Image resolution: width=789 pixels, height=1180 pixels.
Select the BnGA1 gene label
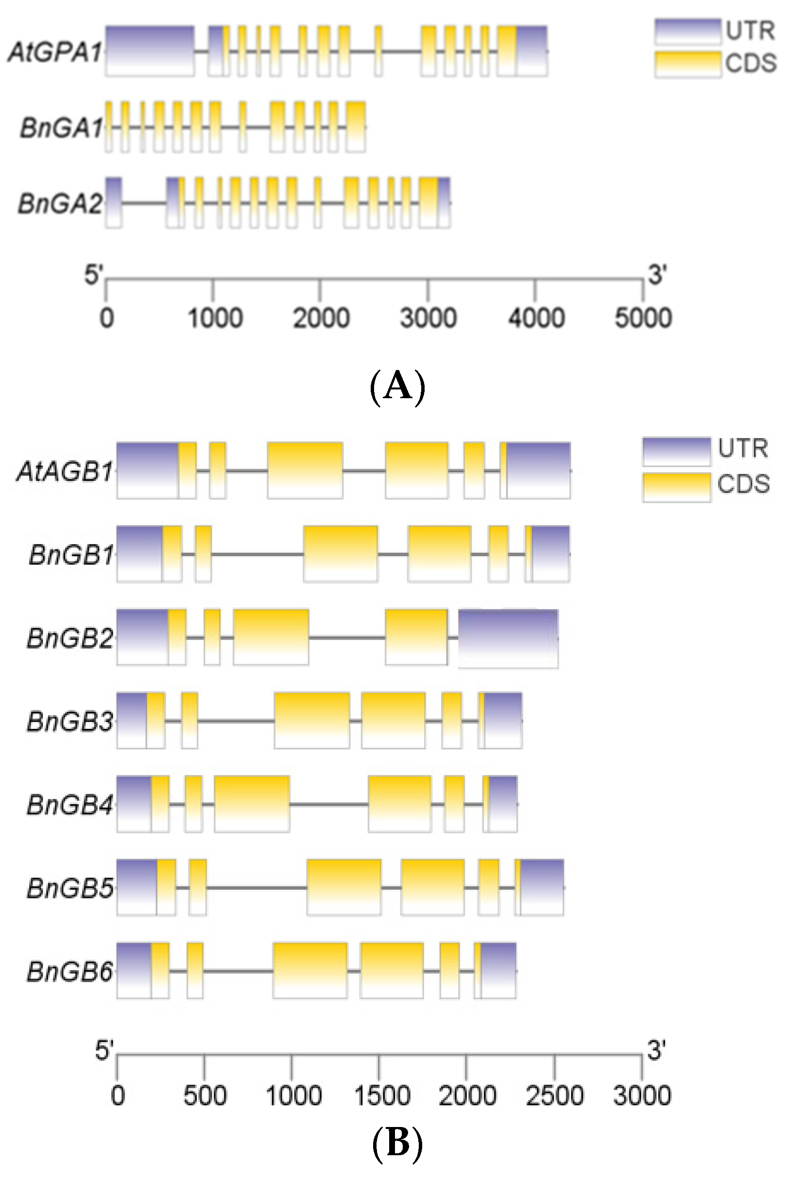pyautogui.click(x=61, y=127)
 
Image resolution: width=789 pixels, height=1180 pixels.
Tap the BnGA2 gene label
pyautogui.click(x=60, y=203)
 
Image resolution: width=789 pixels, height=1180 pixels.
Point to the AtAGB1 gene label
pyautogui.click(x=65, y=472)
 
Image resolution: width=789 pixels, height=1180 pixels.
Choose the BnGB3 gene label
pyautogui.click(x=70, y=721)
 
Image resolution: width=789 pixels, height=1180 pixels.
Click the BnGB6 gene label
pyautogui.click(x=70, y=971)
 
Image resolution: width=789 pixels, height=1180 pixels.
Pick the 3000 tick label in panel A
pyautogui.click(x=428, y=318)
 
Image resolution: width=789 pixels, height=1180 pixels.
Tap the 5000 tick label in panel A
pyautogui.click(x=643, y=318)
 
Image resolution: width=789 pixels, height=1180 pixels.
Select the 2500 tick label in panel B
pyautogui.click(x=554, y=1096)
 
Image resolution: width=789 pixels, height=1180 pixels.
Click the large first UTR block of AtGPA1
pyautogui.click(x=150, y=52)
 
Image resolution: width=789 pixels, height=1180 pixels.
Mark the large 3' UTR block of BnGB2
pyautogui.click(x=508, y=638)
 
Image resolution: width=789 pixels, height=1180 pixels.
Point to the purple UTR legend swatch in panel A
pyautogui.click(x=688, y=32)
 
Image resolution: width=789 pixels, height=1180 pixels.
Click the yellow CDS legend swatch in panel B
pyautogui.click(x=676, y=487)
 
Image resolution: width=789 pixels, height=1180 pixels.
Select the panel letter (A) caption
pyautogui.click(x=397, y=387)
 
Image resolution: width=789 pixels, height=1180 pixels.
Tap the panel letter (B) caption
pyautogui.click(x=397, y=1143)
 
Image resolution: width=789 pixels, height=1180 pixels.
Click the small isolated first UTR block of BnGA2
pyautogui.click(x=113, y=203)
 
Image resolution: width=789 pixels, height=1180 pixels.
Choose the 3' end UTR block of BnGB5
pyautogui.click(x=542, y=887)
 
